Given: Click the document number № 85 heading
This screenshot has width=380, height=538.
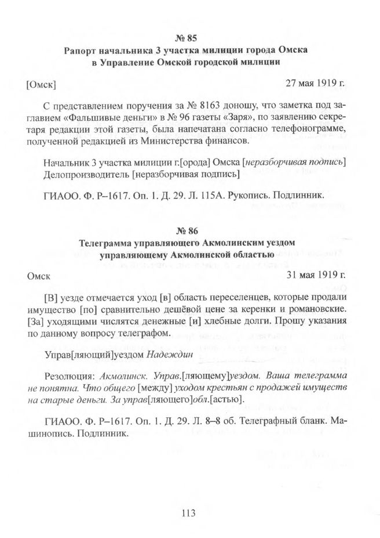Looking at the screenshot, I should [189, 39].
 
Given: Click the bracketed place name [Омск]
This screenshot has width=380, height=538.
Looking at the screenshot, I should [41, 85].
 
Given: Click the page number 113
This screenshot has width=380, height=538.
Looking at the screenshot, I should [189, 512].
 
